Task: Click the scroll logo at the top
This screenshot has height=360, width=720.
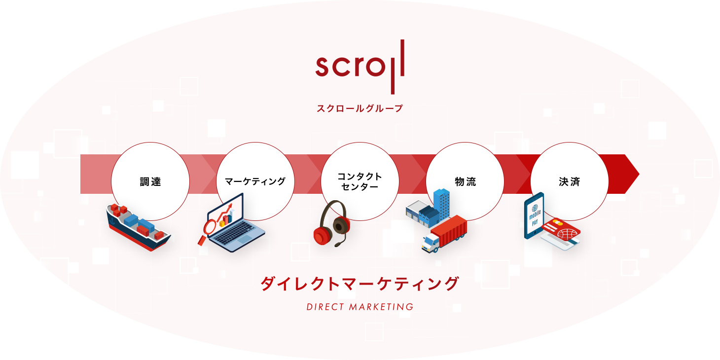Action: pyautogui.click(x=360, y=67)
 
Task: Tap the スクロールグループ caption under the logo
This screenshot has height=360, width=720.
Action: pyautogui.click(x=360, y=108)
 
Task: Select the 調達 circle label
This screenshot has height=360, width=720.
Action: pyautogui.click(x=150, y=181)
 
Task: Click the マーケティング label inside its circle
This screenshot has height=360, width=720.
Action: pyautogui.click(x=255, y=181)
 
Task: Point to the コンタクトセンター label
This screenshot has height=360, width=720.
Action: pyautogui.click(x=360, y=181)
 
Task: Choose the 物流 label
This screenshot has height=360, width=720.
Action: pyautogui.click(x=465, y=181)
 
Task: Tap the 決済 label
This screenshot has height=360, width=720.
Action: pyautogui.click(x=569, y=181)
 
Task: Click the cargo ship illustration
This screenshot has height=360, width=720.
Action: pyautogui.click(x=138, y=227)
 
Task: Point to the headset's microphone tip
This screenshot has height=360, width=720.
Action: pyautogui.click(x=338, y=245)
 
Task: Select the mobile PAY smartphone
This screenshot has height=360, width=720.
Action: pyautogui.click(x=534, y=216)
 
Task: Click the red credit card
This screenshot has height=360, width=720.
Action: pyautogui.click(x=561, y=229)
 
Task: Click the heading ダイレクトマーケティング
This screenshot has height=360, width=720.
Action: pyautogui.click(x=360, y=284)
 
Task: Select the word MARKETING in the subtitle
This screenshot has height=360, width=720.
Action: pyautogui.click(x=381, y=307)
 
